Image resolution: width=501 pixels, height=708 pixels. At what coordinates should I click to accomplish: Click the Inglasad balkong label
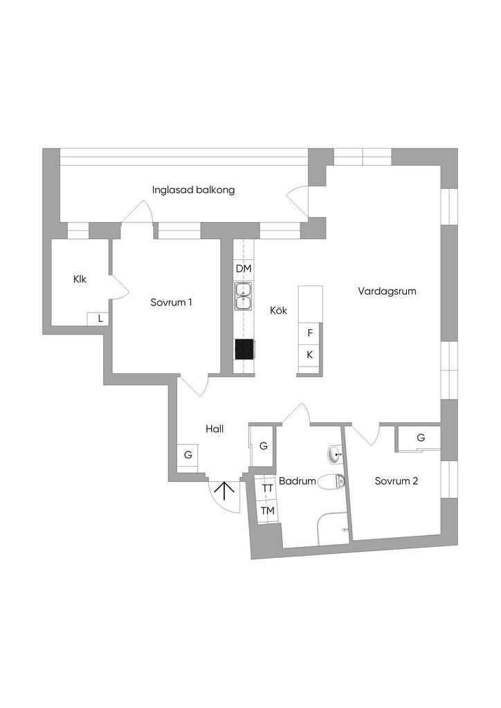194,189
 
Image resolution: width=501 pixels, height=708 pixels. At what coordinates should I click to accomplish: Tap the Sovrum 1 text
171,302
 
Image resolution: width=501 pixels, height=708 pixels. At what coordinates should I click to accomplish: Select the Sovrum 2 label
396,481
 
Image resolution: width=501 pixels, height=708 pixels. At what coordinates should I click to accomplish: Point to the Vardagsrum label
387,291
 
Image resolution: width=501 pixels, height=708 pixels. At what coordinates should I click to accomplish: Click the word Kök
278,311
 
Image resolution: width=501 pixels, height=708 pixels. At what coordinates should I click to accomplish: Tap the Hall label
215,429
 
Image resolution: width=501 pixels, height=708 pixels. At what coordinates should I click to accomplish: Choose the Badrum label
298,481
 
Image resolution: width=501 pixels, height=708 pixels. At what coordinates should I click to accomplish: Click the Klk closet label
80,279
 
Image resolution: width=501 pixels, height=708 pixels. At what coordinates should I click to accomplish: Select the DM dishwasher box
244,268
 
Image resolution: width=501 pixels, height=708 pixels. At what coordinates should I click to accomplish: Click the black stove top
244,350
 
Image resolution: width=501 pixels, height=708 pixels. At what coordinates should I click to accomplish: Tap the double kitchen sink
244,296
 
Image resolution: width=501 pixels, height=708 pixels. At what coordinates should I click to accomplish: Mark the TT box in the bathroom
267,488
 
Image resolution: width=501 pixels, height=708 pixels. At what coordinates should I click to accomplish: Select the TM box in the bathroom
267,511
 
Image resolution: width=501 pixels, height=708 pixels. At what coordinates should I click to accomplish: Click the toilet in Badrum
333,482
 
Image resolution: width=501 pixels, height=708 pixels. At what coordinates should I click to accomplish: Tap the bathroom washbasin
334,455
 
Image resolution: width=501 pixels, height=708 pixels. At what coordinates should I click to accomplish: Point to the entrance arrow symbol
224,491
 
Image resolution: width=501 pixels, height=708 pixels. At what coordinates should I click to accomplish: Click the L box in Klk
100,319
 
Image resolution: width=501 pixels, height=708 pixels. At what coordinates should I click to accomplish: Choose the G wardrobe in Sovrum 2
421,438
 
